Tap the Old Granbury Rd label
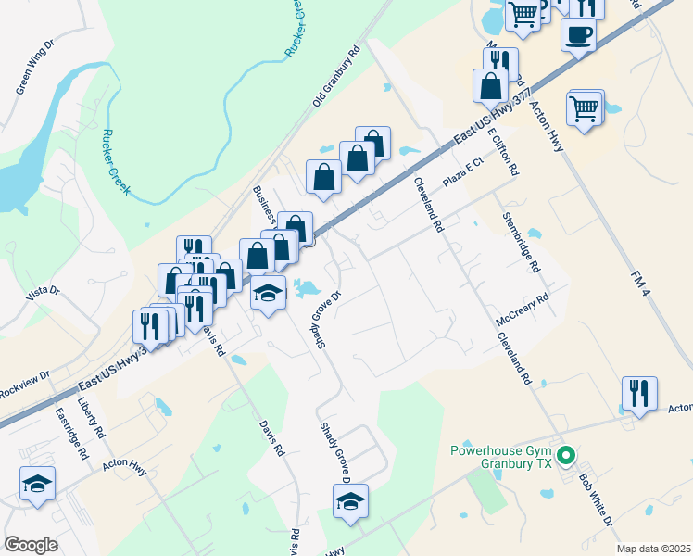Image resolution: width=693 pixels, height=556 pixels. click(335, 77)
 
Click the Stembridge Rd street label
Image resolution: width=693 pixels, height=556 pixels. click(521, 243)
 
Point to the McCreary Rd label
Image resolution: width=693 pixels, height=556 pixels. click(523, 307)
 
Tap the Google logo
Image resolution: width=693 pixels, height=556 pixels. click(31, 545)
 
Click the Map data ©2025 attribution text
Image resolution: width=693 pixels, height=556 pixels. click(652, 549)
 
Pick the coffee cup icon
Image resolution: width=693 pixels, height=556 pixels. click(578, 35)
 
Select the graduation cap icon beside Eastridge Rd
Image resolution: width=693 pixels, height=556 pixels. click(37, 484)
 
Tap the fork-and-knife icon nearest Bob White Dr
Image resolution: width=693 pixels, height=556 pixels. click(639, 394)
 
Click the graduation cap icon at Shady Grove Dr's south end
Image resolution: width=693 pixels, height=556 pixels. click(350, 501)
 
